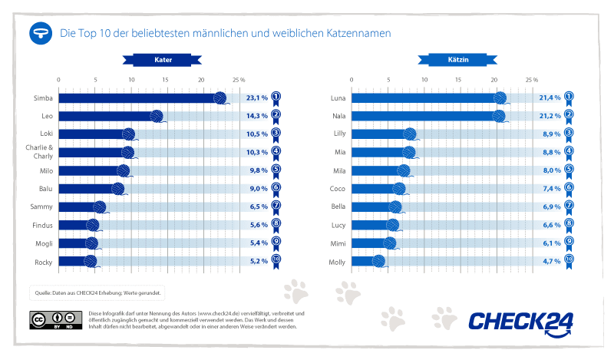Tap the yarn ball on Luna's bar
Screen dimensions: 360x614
click(500, 98)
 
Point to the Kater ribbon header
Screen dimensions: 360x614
click(163, 59)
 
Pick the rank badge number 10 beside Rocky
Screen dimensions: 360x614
click(276, 261)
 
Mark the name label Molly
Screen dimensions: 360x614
click(338, 261)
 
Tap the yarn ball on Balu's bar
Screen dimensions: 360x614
click(117, 189)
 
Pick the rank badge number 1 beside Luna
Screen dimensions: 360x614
click(569, 97)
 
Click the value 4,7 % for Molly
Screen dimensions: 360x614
click(549, 261)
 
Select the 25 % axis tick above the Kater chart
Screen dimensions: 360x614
click(238, 80)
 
